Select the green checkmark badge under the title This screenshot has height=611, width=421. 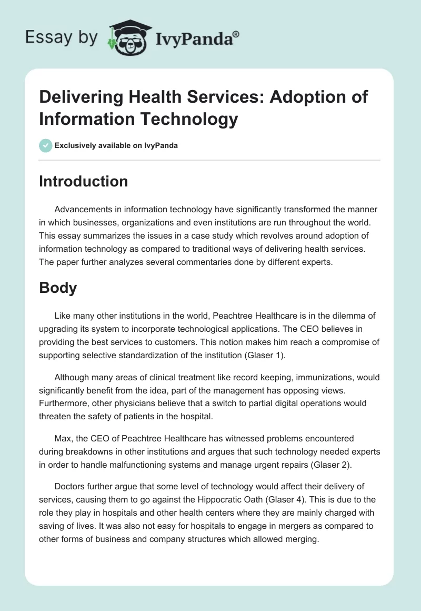pos(46,145)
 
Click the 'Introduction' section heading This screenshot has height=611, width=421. pos(83,181)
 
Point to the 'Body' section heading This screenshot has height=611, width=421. pos(58,288)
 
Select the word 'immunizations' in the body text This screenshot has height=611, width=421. pos(307,377)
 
